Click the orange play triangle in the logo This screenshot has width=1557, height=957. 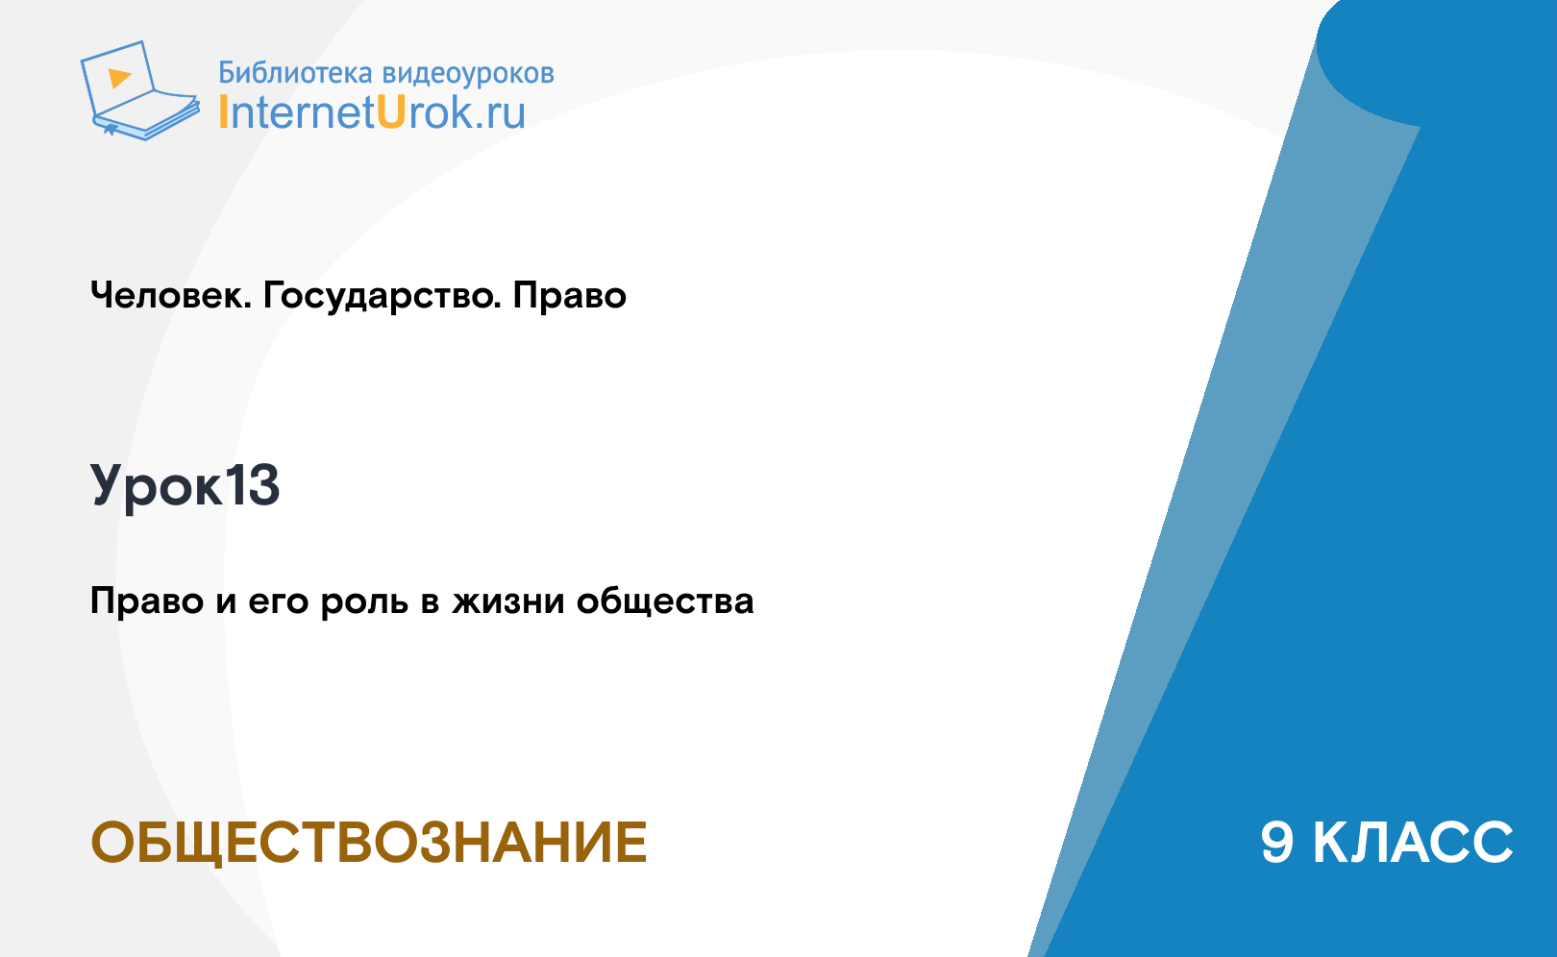119,78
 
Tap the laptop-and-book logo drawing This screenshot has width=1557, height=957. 139,90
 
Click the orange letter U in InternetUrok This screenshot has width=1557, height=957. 391,112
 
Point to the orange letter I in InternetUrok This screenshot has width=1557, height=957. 223,112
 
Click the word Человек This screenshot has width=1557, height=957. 171,295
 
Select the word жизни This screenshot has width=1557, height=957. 508,601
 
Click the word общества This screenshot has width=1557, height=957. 665,601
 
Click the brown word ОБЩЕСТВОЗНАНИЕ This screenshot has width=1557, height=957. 369,843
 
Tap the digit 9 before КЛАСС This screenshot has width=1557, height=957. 1277,843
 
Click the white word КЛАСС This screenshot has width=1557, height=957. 1413,843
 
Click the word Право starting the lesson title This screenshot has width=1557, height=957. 147,601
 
